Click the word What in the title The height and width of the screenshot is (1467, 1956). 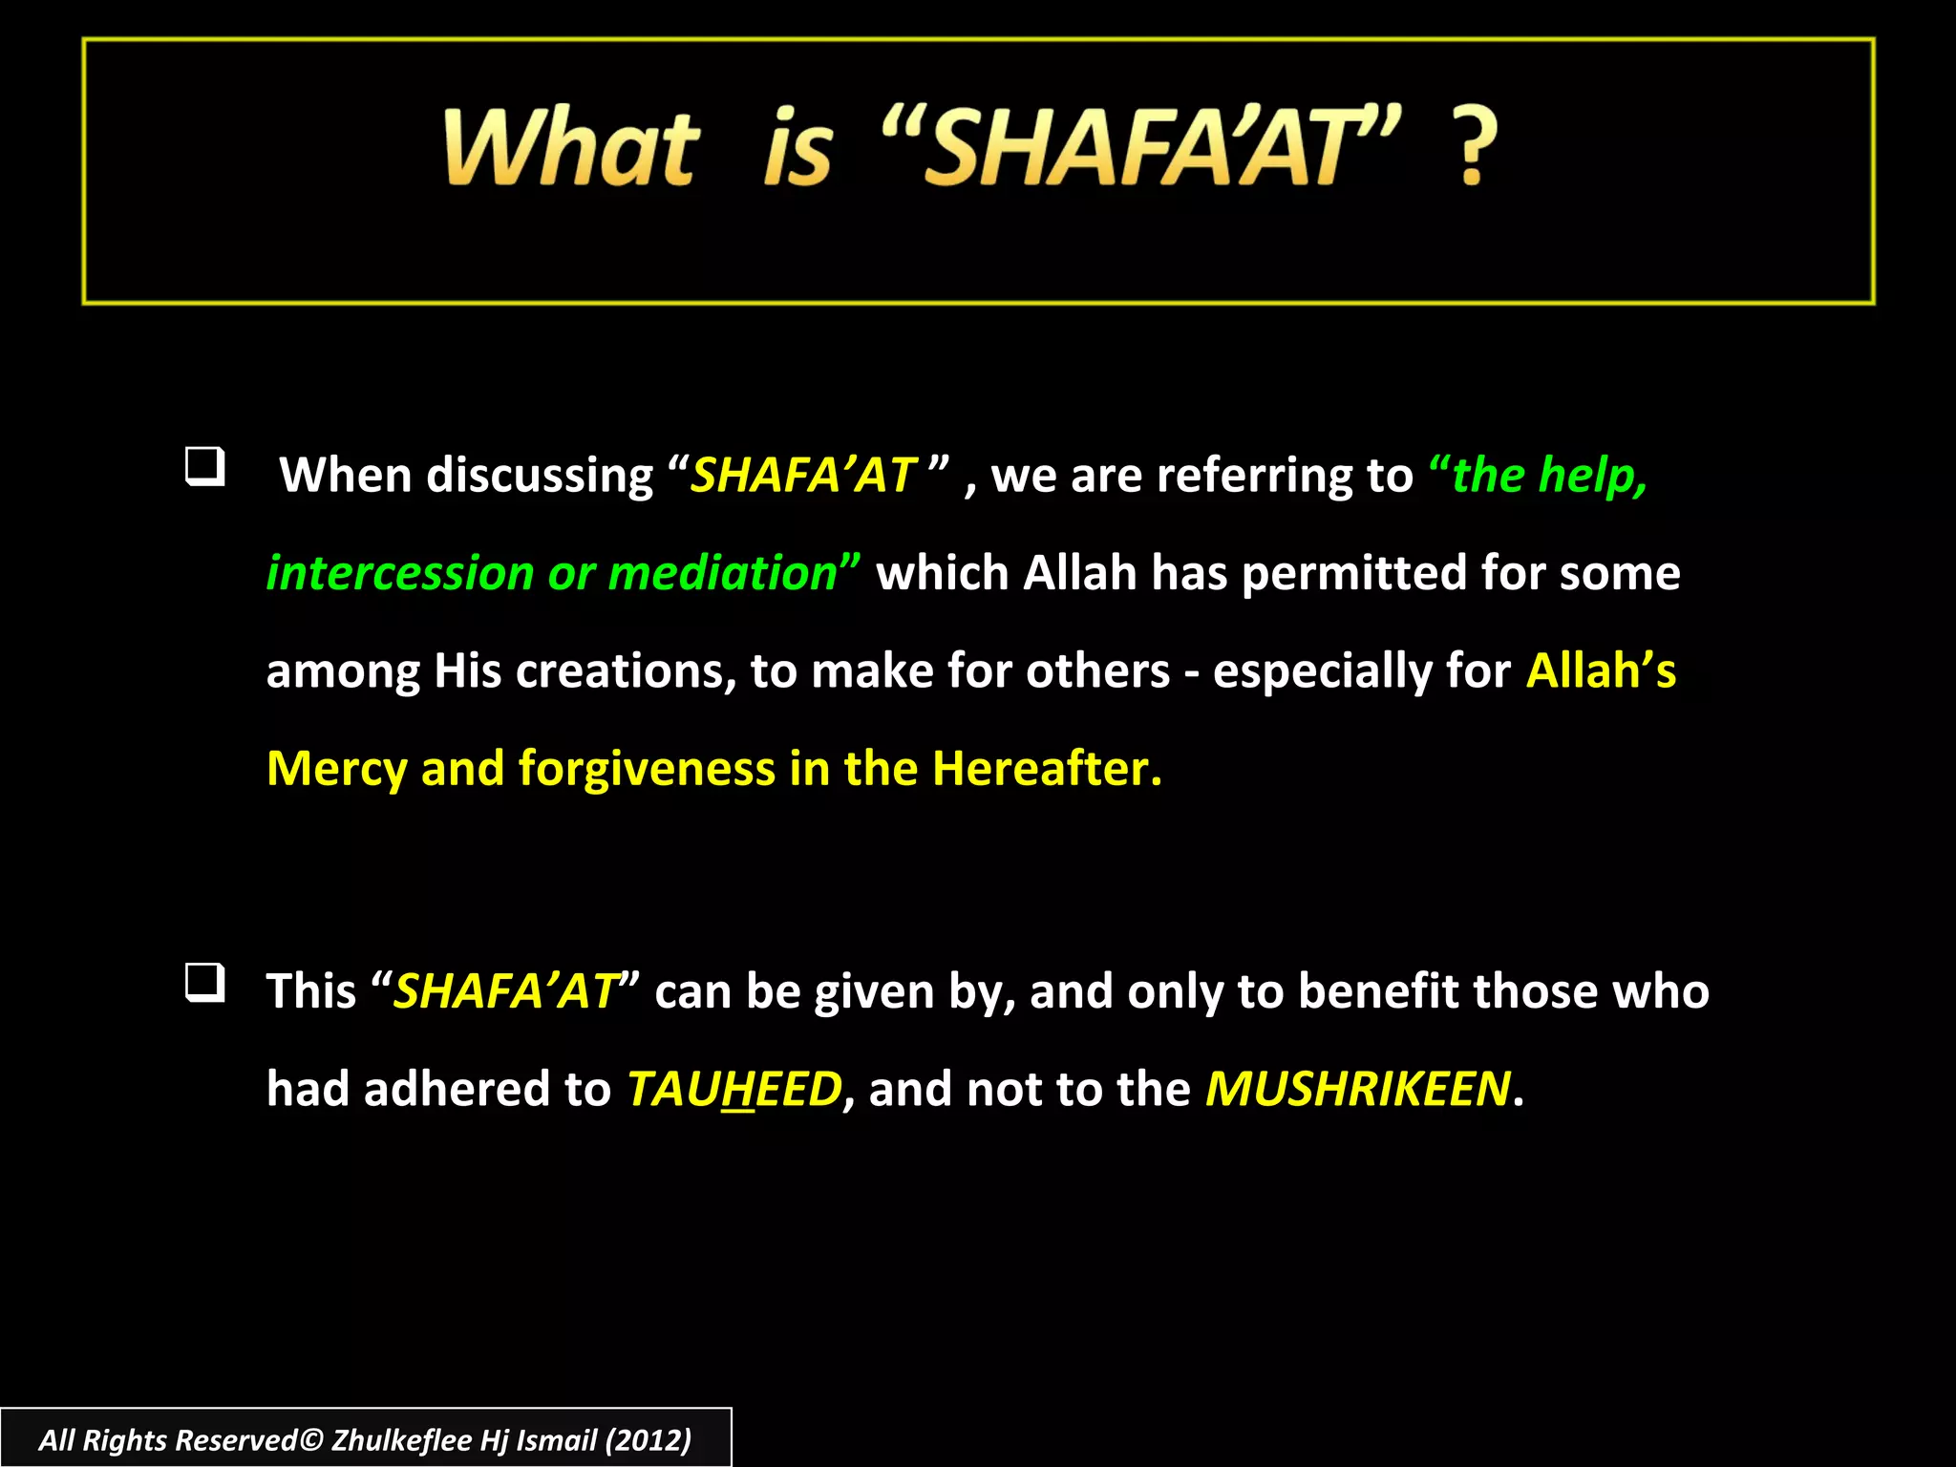pyautogui.click(x=571, y=148)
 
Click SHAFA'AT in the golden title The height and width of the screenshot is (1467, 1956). pyautogui.click(x=1141, y=148)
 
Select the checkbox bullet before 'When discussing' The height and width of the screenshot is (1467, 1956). pyautogui.click(x=204, y=467)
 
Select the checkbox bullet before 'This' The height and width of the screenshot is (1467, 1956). pyautogui.click(x=204, y=983)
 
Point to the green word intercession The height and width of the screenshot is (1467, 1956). pyautogui.click(x=399, y=574)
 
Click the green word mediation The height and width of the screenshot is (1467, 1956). pyautogui.click(x=723, y=574)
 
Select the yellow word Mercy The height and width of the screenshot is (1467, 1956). pyautogui.click(x=336, y=770)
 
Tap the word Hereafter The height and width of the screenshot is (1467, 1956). pyautogui.click(x=1046, y=770)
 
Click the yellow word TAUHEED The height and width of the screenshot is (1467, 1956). pyautogui.click(x=734, y=1090)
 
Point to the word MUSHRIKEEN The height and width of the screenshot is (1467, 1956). pyautogui.click(x=1357, y=1090)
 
